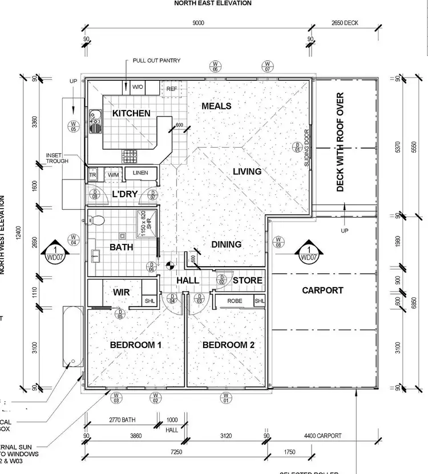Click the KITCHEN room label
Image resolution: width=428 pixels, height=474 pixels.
click(x=131, y=113)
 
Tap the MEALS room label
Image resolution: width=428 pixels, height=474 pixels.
click(x=216, y=106)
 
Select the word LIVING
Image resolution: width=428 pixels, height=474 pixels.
click(x=247, y=171)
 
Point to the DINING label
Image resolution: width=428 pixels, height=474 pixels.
click(x=227, y=244)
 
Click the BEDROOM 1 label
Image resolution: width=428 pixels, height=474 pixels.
click(x=136, y=345)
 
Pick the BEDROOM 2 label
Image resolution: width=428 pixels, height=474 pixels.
click(x=228, y=345)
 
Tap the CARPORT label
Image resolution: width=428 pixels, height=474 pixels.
click(x=322, y=290)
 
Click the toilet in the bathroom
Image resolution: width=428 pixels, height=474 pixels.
click(x=99, y=219)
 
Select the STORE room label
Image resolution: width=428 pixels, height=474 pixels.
click(x=247, y=280)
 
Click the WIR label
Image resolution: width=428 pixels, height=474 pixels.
click(x=122, y=292)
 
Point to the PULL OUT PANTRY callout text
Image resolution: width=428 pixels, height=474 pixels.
click(x=157, y=60)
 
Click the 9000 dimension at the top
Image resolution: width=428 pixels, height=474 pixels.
click(x=198, y=23)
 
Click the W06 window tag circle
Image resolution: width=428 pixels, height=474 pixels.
click(x=215, y=66)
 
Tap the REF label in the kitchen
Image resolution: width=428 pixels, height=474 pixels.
click(x=172, y=89)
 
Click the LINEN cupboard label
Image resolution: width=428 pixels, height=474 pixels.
click(x=140, y=173)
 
